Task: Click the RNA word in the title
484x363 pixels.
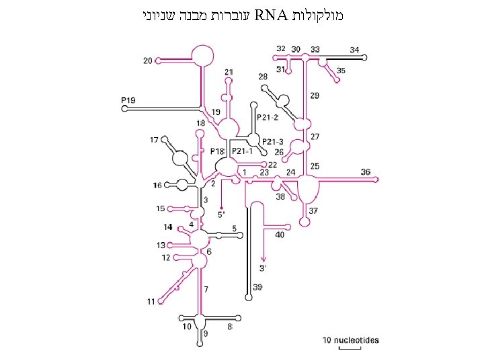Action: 272,14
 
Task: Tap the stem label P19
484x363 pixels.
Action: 128,100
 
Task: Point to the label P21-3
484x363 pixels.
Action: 273,141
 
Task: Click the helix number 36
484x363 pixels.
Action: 365,172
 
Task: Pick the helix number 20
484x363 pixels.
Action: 147,61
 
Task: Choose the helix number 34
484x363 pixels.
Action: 354,50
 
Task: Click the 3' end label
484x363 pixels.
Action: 264,268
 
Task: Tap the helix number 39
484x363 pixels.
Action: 257,288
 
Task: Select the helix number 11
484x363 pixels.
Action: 152,301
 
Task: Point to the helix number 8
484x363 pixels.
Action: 229,327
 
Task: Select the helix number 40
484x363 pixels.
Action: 279,235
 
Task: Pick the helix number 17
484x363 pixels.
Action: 155,140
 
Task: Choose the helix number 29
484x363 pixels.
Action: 315,96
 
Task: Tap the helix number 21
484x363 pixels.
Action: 229,72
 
